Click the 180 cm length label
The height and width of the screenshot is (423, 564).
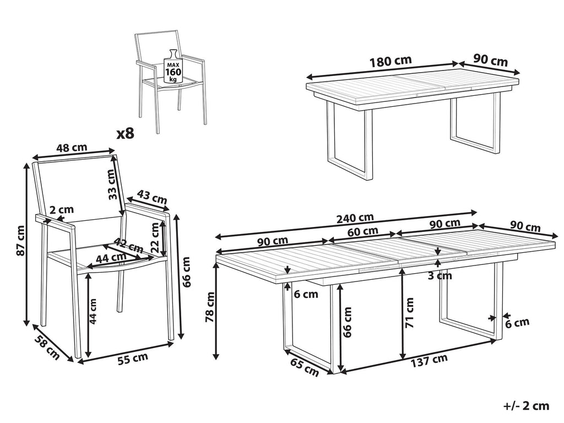tap(391, 61)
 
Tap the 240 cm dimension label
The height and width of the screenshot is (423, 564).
tap(355, 218)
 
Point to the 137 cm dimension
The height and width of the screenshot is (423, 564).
tap(429, 360)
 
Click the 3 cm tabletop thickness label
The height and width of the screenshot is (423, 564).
tap(440, 276)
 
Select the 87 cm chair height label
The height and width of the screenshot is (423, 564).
tap(21, 240)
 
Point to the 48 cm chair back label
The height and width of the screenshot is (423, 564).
tap(72, 147)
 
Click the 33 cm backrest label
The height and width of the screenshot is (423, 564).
tap(112, 184)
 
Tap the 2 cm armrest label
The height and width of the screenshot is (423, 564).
tap(62, 210)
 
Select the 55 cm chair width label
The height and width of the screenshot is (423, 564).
tap(133, 359)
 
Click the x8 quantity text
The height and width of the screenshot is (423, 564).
tap(126, 134)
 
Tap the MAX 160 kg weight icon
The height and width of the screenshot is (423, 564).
tap(173, 66)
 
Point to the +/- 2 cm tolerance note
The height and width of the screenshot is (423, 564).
tap(527, 406)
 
